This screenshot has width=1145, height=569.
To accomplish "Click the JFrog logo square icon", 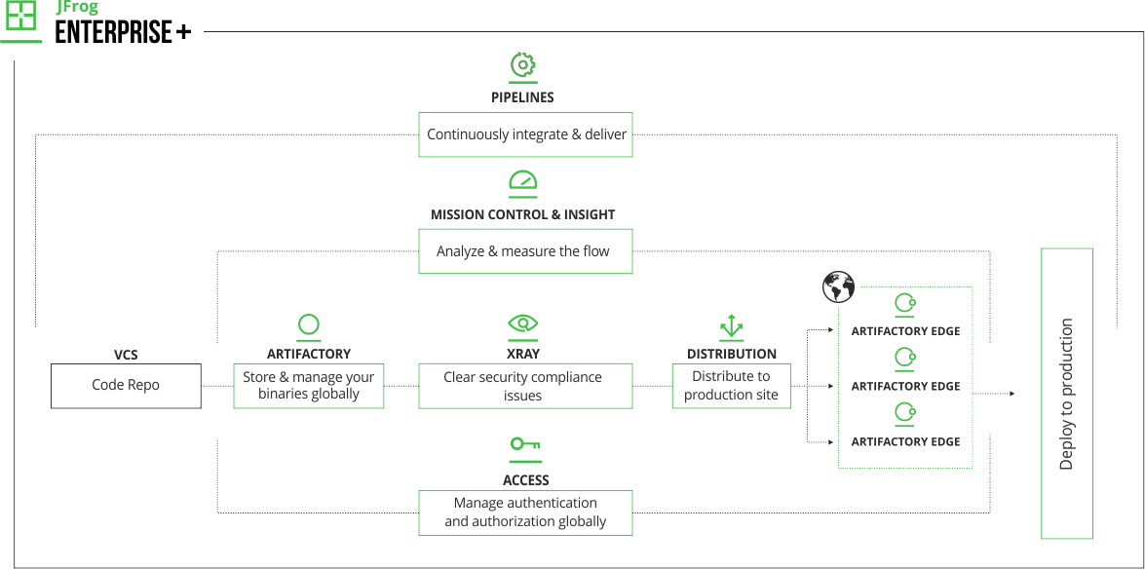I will click(x=20, y=17).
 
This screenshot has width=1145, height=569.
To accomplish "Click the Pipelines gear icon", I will click(x=524, y=64).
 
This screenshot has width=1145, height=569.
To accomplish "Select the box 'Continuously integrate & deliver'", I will click(x=525, y=134).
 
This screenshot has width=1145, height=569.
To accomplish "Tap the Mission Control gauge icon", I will click(x=523, y=182).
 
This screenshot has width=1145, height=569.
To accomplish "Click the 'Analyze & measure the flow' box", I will click(x=525, y=251).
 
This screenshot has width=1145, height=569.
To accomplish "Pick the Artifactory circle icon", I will click(x=309, y=325).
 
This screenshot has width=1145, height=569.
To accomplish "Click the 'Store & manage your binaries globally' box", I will click(x=309, y=386).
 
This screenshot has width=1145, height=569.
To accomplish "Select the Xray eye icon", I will click(x=523, y=323).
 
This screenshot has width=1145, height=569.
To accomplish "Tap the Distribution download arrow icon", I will click(x=731, y=325).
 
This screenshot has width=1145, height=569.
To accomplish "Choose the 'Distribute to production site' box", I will click(x=731, y=386).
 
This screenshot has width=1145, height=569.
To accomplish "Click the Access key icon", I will click(x=525, y=446).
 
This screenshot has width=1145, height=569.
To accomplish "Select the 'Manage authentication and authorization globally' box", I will click(x=525, y=512).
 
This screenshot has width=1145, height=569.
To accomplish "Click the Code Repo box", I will click(x=126, y=386).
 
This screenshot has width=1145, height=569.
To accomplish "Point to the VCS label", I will click(x=126, y=356).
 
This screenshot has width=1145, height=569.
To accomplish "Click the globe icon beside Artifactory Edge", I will click(x=838, y=287).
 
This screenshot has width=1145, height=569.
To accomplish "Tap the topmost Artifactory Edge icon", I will click(x=905, y=304).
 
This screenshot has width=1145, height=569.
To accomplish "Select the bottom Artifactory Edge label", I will click(x=905, y=441).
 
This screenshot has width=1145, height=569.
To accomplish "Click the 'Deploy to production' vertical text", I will click(x=1066, y=394).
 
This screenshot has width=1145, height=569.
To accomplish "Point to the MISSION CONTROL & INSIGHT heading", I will click(x=523, y=214).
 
